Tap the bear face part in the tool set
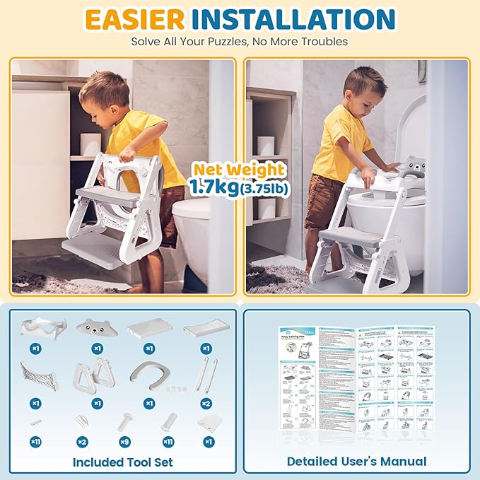[x=95, y=327]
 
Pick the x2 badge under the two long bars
[x=206, y=403]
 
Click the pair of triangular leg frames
[x=93, y=373]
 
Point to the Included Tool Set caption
[x=122, y=462]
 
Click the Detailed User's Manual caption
[x=356, y=462]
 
